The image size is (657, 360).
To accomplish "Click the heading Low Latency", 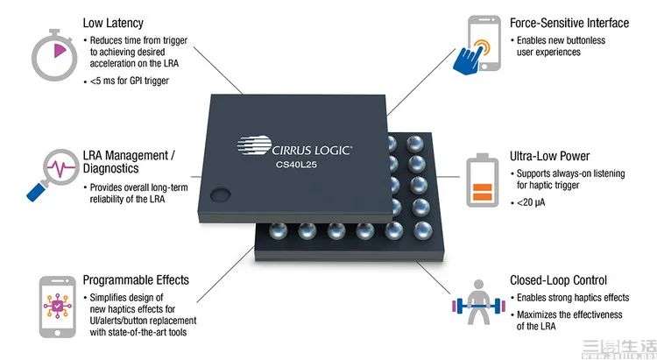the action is coord(113,23).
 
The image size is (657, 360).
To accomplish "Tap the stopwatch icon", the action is coord(54,54).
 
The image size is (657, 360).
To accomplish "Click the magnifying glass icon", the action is coord(53,174).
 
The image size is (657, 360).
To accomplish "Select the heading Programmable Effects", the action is coord(136,280).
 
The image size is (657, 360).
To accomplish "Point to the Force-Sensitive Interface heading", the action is coord(569,23).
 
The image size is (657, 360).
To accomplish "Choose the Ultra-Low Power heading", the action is coord(549,156).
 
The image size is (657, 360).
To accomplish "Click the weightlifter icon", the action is coord(478,302).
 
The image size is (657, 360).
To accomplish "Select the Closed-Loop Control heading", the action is coord(558,280).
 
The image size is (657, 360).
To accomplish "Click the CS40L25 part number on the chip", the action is coord(296,165).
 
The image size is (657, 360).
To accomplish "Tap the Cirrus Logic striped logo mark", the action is coord(254,145).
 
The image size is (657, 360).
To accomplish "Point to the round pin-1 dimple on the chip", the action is coord(220,194).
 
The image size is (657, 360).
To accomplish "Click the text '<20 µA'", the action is coord(531,203).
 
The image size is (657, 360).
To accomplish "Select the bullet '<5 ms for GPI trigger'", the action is coord(130,81).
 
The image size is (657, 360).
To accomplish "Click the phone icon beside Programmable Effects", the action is coord(58,307).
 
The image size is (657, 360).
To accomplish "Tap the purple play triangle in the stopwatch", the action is coord(60,51).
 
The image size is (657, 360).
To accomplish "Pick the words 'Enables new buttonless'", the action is coord(561,40).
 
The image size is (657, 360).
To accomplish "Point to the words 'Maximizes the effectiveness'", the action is coord(569,314).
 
